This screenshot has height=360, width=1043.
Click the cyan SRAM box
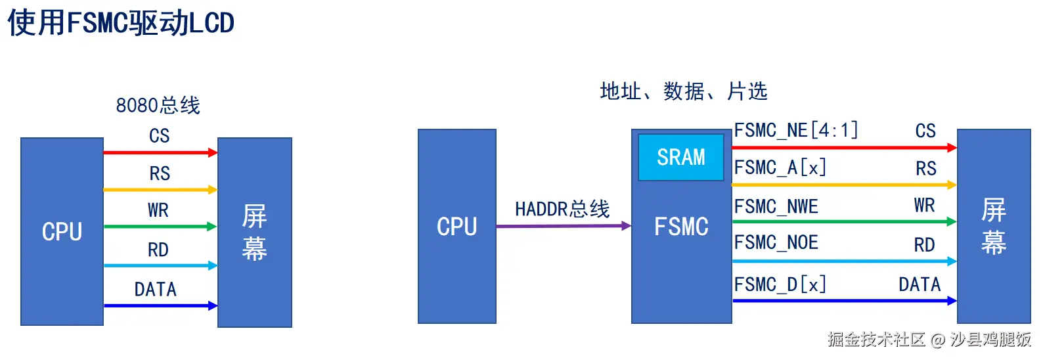(x=681, y=157)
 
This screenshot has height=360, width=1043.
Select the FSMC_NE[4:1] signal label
(x=796, y=130)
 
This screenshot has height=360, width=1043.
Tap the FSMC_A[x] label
(x=780, y=168)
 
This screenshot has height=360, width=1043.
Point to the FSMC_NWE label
(x=776, y=206)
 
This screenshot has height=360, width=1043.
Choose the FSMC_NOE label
(x=776, y=242)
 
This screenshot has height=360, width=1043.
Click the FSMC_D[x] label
(x=780, y=284)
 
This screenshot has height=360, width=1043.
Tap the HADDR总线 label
(x=562, y=209)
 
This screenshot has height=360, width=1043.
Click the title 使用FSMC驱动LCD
(x=121, y=23)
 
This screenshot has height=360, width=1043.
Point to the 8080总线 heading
(x=158, y=105)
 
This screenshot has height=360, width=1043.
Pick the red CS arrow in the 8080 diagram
(x=160, y=152)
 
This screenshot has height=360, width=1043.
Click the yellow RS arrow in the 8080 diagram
(x=160, y=190)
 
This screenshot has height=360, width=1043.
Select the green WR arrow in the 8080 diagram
(x=160, y=227)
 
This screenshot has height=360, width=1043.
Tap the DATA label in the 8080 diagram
(x=156, y=289)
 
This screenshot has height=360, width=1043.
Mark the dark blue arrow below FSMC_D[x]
(x=844, y=301)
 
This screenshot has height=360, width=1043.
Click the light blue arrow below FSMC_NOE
(x=844, y=261)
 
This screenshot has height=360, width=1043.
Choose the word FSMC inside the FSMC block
(x=681, y=227)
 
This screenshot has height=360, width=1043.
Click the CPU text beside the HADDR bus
(x=457, y=227)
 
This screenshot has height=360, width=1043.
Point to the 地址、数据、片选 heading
(x=683, y=91)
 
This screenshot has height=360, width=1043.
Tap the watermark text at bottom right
(x=929, y=339)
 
